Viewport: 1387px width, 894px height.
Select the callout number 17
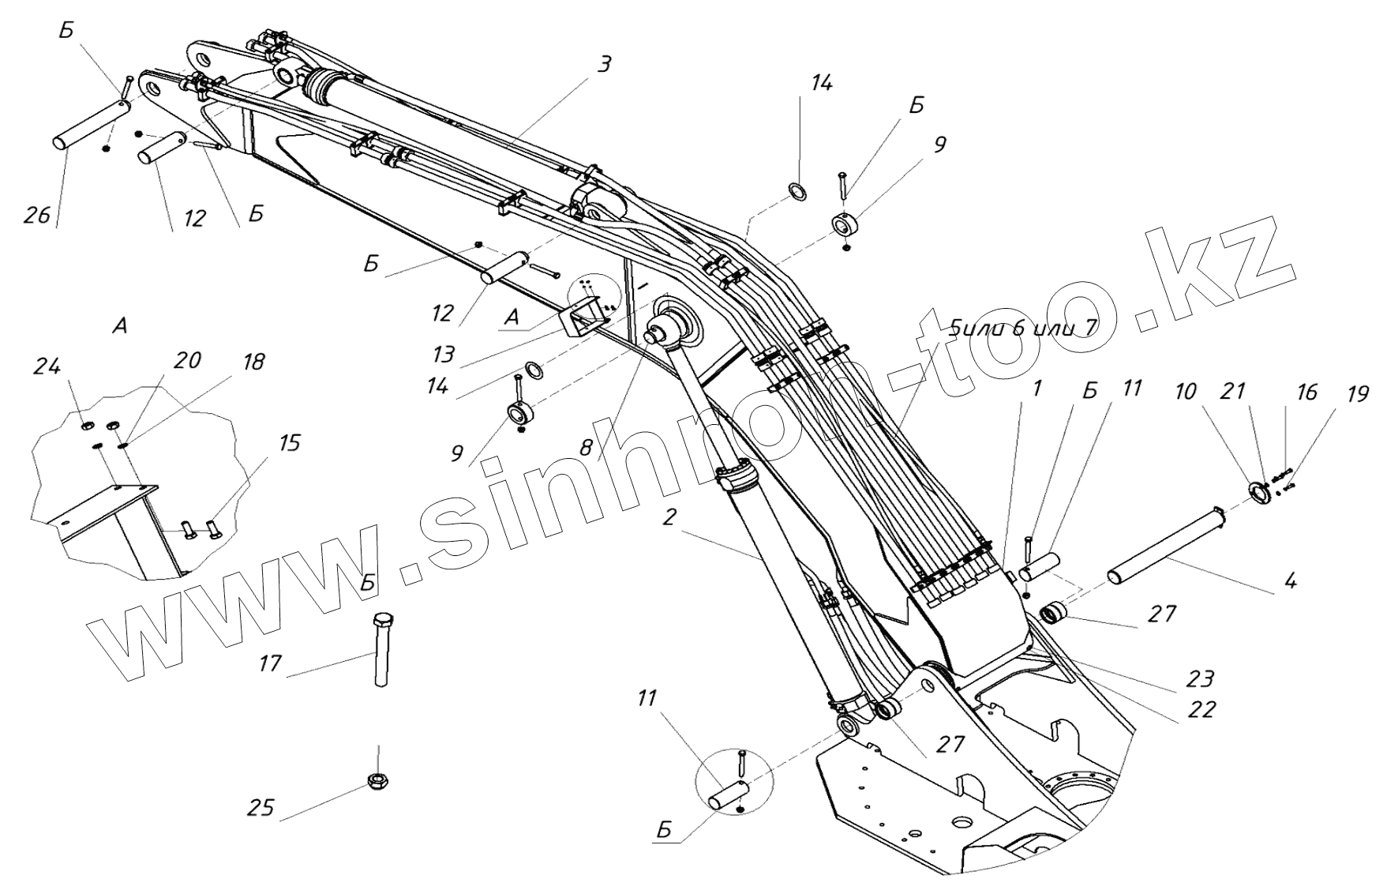(270, 663)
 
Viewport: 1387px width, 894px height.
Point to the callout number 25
(261, 808)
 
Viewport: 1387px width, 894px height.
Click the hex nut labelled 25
(377, 781)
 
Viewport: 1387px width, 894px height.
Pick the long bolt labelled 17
(381, 652)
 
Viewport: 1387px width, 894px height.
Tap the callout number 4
(1289, 583)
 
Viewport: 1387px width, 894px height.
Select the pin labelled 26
(87, 122)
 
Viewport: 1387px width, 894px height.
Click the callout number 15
(289, 443)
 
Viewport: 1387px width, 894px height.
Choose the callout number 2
(669, 518)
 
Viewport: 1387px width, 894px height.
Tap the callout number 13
(444, 355)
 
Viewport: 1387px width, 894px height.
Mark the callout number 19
(1357, 394)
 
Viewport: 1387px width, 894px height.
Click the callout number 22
(1201, 708)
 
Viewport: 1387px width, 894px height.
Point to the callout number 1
(1037, 389)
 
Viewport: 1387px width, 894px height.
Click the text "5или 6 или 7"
(1023, 327)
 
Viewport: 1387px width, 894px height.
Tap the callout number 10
(1185, 392)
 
